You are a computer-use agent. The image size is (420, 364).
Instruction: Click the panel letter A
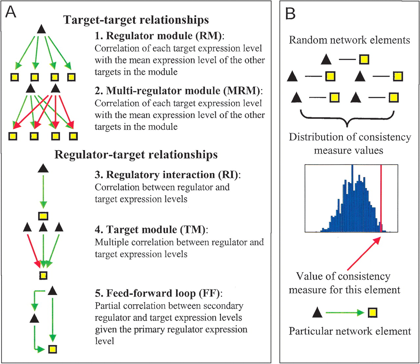point(11,12)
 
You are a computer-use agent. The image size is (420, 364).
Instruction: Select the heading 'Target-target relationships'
point(136,20)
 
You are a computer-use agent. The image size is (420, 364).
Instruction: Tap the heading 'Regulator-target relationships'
point(136,155)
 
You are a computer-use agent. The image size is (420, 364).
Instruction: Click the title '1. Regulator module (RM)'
point(158,36)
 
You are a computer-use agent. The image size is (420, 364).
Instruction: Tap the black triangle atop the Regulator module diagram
point(42,29)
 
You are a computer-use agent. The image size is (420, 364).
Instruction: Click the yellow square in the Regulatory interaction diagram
point(43,216)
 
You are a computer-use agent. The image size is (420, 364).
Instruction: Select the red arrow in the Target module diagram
point(34,251)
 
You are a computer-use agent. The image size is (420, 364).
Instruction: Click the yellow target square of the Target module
point(43,276)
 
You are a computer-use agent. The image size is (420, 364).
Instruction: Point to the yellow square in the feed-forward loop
point(52,349)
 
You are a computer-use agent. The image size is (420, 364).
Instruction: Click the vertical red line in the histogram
point(381,198)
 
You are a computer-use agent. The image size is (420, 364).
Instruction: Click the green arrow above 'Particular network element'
point(345,313)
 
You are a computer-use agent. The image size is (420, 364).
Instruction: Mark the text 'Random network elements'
point(349,40)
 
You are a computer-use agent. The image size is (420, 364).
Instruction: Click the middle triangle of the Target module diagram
point(43,227)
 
